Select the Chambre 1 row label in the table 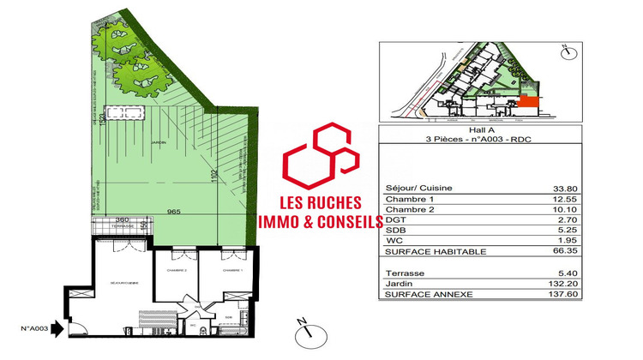point(406,200)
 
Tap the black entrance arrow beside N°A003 point(57,327)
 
